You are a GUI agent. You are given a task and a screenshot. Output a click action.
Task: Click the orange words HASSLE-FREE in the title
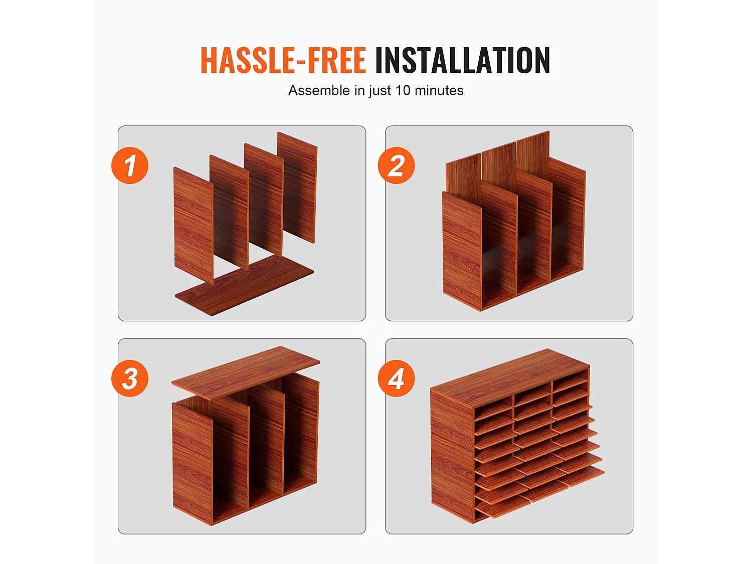pyautogui.click(x=283, y=60)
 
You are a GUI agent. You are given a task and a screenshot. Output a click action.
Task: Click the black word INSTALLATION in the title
pyautogui.click(x=463, y=60)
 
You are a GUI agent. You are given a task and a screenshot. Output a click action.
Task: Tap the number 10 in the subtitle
pyautogui.click(x=403, y=90)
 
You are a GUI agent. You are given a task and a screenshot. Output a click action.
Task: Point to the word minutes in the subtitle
pyautogui.click(x=439, y=90)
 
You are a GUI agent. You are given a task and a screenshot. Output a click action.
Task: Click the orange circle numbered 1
pyautogui.click(x=130, y=165)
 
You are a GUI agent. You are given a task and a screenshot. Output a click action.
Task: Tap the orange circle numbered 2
pyautogui.click(x=397, y=165)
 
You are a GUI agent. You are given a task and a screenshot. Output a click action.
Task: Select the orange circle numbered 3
pyautogui.click(x=130, y=379)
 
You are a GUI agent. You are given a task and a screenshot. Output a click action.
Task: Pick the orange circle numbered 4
pyautogui.click(x=397, y=379)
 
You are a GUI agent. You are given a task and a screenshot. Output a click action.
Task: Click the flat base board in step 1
pyautogui.click(x=245, y=285)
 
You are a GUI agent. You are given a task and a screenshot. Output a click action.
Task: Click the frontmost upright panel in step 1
pyautogui.click(x=194, y=226)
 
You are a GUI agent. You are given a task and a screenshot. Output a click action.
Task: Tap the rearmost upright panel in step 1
pyautogui.click(x=297, y=187)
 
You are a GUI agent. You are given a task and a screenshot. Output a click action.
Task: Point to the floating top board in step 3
pyautogui.click(x=246, y=372)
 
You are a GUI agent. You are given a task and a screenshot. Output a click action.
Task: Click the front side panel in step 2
pyautogui.click(x=462, y=251)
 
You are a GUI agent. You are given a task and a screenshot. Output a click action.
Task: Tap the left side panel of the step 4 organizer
pyautogui.click(x=452, y=457)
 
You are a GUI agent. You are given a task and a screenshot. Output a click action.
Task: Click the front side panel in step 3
pyautogui.click(x=193, y=464)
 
